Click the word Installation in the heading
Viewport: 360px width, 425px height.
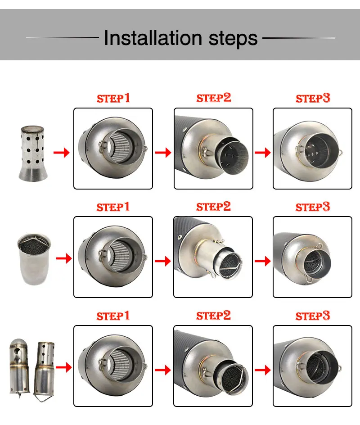coord(153,38)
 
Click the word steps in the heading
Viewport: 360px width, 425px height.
coord(233,39)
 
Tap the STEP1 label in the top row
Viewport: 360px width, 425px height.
coord(113,98)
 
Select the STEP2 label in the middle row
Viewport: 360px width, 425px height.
coord(213,207)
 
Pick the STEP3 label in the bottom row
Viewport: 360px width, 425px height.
coord(313,316)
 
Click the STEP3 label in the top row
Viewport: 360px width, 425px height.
coord(313,98)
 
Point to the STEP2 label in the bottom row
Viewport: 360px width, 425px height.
coord(213,316)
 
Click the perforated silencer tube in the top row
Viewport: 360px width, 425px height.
coord(33,154)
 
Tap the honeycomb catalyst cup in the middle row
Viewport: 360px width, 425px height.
coord(34,259)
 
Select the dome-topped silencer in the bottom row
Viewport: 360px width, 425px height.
coord(19,367)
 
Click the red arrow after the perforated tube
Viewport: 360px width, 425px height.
coord(62,153)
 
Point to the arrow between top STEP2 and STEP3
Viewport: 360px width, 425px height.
coord(263,152)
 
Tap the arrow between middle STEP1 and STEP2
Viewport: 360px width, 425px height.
coord(163,261)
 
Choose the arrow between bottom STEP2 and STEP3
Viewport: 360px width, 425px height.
coord(263,370)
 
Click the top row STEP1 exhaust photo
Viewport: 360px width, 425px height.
coord(113,149)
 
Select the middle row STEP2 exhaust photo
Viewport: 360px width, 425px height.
coord(213,257)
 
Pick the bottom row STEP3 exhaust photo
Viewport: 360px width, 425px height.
coord(313,366)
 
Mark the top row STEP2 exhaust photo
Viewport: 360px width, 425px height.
coord(213,149)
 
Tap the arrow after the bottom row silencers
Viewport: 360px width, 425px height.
coord(63,367)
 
